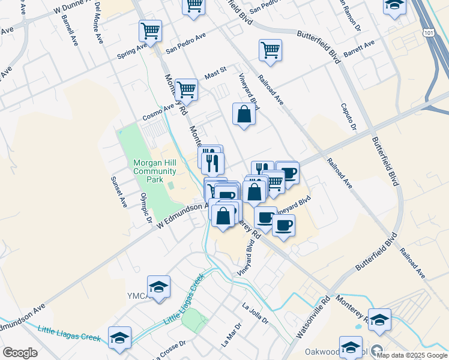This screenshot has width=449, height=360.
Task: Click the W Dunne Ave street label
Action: [x=76, y=8]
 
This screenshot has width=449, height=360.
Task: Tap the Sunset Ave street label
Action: [x=118, y=191]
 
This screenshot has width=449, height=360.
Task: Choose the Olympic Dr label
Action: [x=146, y=208]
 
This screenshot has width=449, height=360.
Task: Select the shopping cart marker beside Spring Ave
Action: [x=150, y=31]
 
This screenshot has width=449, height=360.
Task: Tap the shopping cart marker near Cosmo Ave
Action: [x=187, y=89]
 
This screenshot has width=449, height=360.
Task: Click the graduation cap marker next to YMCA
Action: [x=158, y=287]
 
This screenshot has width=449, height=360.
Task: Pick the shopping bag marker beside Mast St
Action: [x=244, y=113]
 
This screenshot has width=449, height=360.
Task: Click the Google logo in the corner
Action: [x=20, y=353]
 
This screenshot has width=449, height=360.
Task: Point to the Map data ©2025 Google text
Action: [x=412, y=355]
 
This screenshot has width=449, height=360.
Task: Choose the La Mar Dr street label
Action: [x=231, y=335]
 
